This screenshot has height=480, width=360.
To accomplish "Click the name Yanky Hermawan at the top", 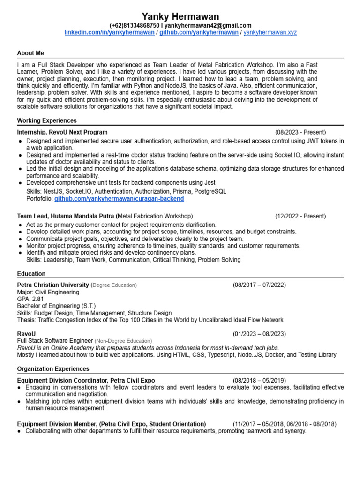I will click(180, 16).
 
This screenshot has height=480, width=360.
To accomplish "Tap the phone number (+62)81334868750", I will click(134, 25).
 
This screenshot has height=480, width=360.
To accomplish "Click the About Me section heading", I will click(30, 53).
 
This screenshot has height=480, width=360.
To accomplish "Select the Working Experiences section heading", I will click(47, 120).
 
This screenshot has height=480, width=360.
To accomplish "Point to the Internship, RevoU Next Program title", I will click(62, 132).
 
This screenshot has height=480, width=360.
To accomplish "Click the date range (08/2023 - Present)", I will click(300, 132).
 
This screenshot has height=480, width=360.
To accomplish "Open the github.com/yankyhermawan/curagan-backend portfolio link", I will click(119, 199).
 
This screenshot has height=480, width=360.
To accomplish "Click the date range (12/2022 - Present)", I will click(300, 216).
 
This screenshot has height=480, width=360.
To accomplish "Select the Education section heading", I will click(31, 274).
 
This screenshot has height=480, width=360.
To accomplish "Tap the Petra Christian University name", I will click(53, 285).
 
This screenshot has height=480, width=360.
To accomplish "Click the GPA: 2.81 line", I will click(30, 299).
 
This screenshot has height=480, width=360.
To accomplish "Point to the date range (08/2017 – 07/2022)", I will click(259, 285).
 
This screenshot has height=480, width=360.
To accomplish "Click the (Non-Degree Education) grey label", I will click(123, 341).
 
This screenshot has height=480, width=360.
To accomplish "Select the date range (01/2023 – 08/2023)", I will click(259, 334).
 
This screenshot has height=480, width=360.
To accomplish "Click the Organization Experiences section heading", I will click(53, 369).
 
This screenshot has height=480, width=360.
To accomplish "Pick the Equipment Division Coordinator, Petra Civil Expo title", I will click(86, 380).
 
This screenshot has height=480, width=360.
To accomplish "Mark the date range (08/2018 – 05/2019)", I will click(259, 380).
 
